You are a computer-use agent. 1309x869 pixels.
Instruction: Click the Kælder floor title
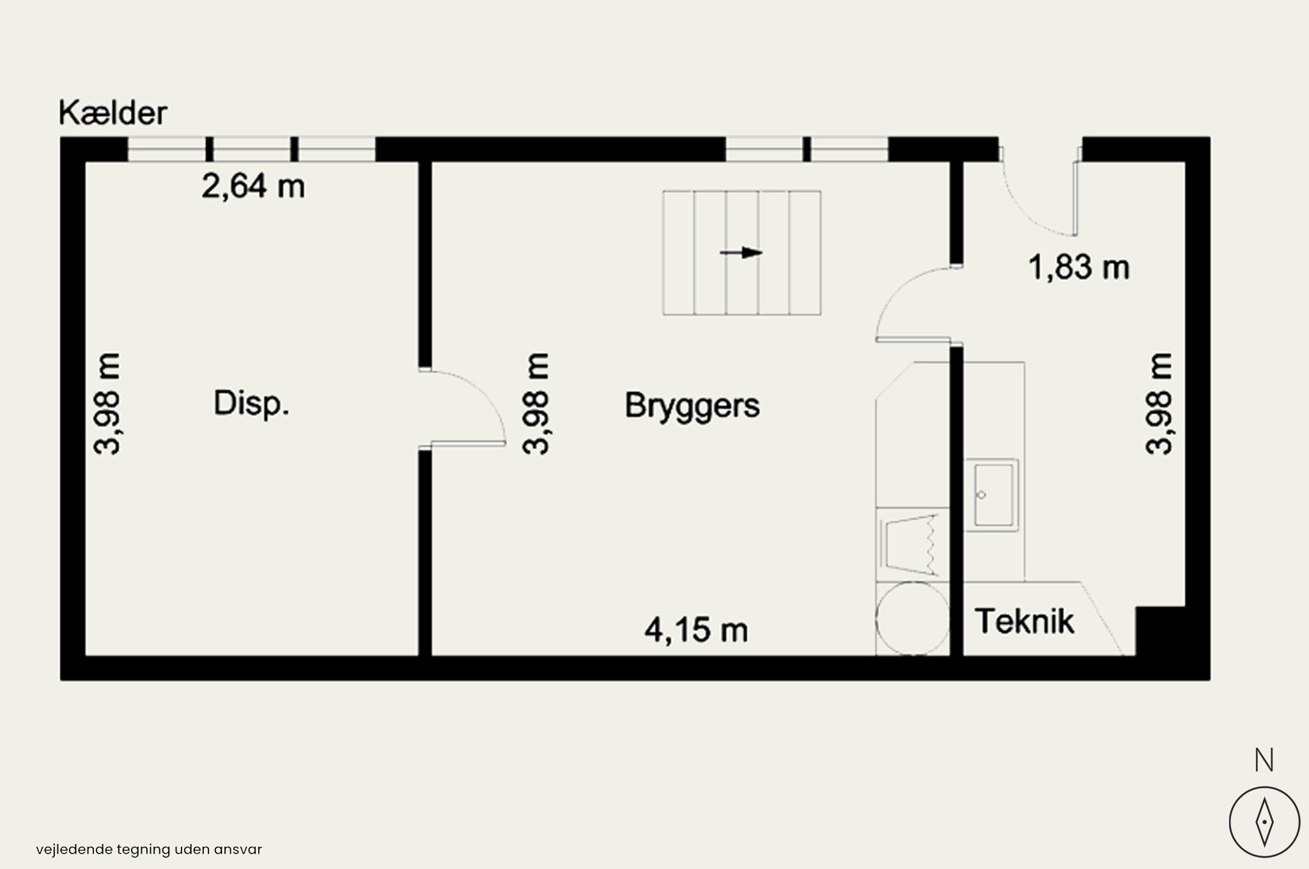(x=113, y=113)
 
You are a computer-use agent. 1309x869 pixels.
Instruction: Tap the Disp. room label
(x=251, y=404)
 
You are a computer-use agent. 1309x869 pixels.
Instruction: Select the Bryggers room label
(x=692, y=406)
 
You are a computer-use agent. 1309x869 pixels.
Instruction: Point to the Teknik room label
(x=1025, y=621)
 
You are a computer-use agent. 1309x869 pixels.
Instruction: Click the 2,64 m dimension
(x=253, y=187)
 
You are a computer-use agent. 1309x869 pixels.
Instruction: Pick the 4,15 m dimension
(x=696, y=631)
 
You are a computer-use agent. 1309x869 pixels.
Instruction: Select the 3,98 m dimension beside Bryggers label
(x=536, y=403)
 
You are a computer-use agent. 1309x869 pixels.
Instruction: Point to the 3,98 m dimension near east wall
(x=1159, y=403)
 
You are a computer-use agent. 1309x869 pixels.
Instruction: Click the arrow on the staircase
(x=741, y=253)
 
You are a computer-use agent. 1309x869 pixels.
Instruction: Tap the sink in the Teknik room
(x=993, y=495)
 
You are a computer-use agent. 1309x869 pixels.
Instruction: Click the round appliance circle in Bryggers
(x=912, y=618)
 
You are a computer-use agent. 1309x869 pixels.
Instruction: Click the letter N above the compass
(x=1264, y=760)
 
